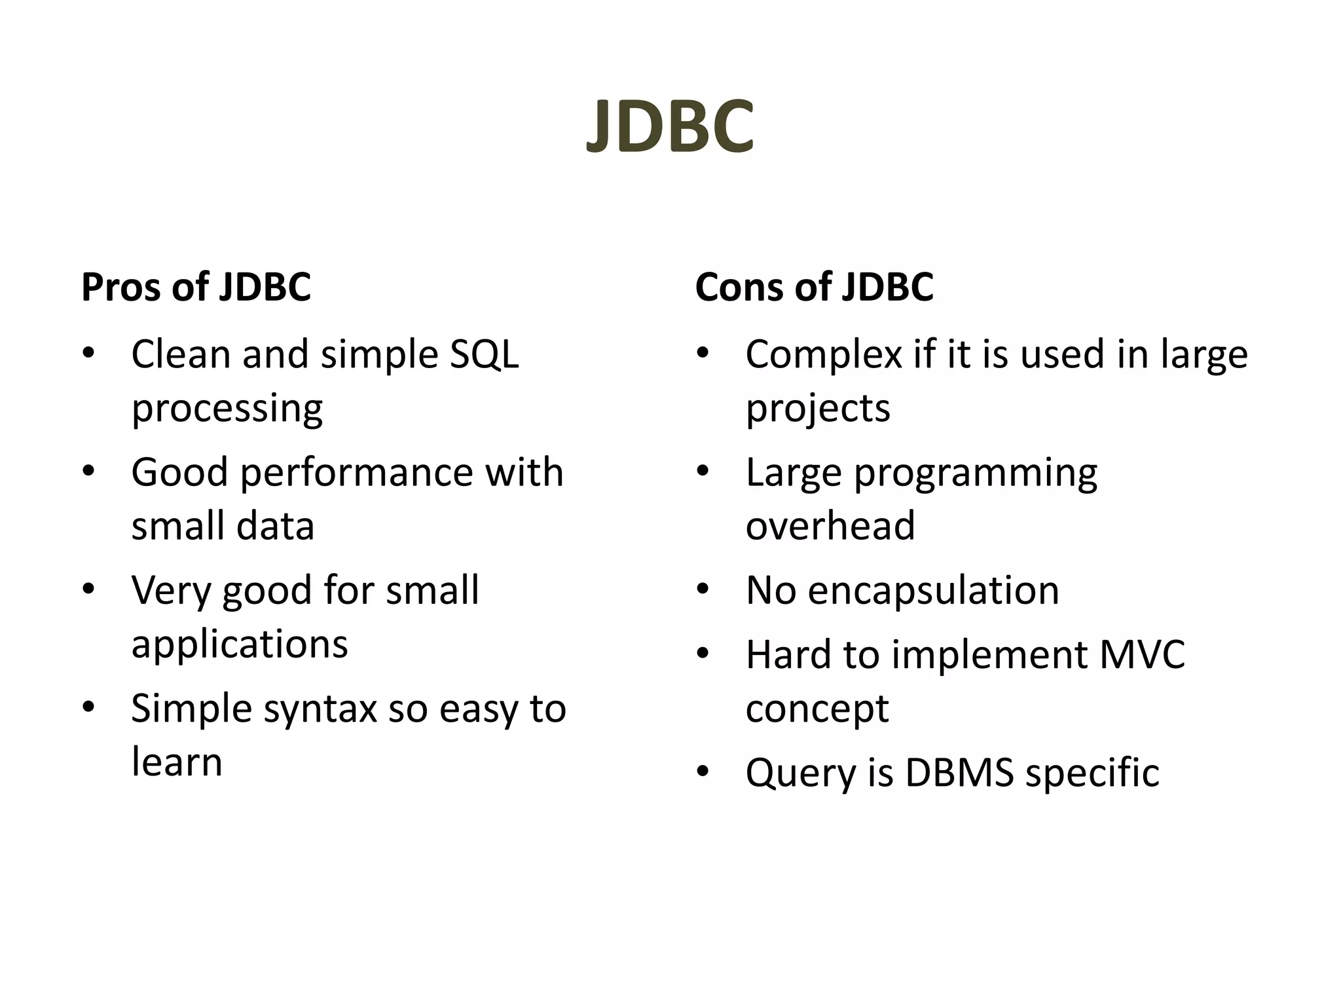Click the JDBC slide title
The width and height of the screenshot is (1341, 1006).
click(x=670, y=126)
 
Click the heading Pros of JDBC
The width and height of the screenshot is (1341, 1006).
click(x=196, y=287)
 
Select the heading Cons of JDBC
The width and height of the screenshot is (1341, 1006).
click(x=814, y=287)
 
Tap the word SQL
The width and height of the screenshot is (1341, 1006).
click(x=484, y=354)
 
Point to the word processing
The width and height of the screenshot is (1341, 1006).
click(x=227, y=409)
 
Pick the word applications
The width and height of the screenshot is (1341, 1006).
click(x=240, y=644)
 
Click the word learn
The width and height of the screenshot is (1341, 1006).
click(x=177, y=762)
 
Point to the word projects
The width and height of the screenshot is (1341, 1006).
click(x=818, y=409)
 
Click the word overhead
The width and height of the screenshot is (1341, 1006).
click(x=830, y=525)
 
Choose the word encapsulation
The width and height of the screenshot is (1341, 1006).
click(x=933, y=591)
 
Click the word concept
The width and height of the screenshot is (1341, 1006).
click(x=817, y=709)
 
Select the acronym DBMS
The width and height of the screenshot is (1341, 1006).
click(x=959, y=772)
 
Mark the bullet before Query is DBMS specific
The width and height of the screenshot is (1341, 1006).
click(x=703, y=772)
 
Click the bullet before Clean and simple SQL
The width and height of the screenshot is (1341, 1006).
click(x=88, y=354)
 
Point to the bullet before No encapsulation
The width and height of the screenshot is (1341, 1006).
click(x=703, y=589)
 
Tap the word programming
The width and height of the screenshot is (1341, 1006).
click(x=976, y=473)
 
